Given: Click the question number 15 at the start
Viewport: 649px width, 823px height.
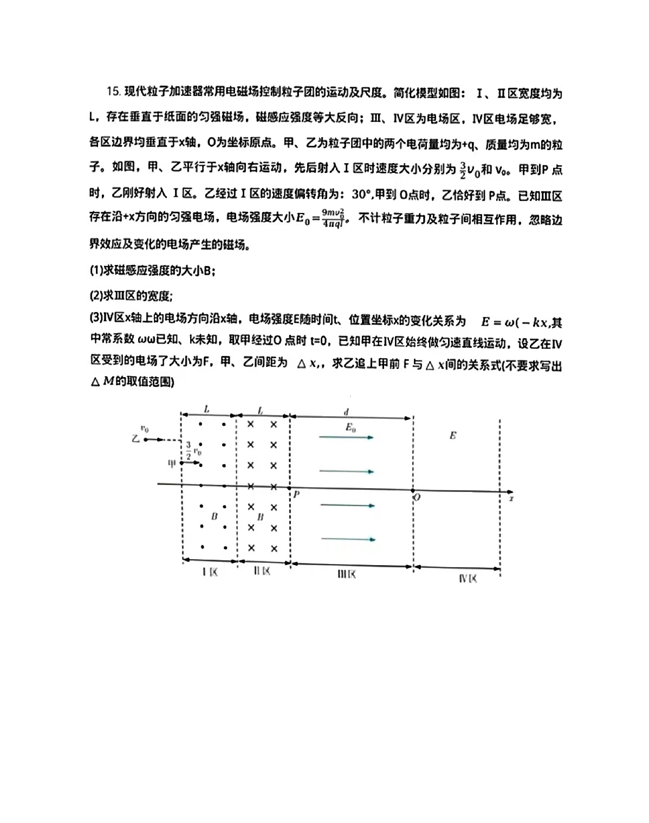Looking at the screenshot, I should pos(113,92).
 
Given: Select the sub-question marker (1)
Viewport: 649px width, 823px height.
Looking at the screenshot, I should pos(96,270).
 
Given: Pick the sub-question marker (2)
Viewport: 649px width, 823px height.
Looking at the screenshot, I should pos(96,296).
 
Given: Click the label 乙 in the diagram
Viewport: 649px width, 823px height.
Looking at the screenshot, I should pos(135,438).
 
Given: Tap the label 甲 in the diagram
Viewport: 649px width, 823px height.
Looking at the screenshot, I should pos(172,464).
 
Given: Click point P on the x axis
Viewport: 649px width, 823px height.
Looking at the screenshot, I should pos(297,494).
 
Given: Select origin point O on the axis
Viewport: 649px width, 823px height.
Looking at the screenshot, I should pos(417,497).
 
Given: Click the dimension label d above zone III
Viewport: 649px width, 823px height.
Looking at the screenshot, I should pos(346,412).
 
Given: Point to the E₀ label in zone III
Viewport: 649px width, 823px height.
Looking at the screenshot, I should pos(351,427).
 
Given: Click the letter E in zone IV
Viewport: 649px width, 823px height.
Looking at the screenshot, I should pos(453,435).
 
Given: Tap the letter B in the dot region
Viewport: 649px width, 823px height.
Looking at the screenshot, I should pos(214,516).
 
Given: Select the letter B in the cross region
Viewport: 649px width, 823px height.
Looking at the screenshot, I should pos(260,517).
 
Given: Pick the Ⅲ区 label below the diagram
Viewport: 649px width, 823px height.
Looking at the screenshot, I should pos(347,574).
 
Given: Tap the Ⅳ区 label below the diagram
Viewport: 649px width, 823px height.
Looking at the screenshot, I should pos(468,579).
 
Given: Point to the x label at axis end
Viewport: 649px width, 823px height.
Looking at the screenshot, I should pos(511,497).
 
